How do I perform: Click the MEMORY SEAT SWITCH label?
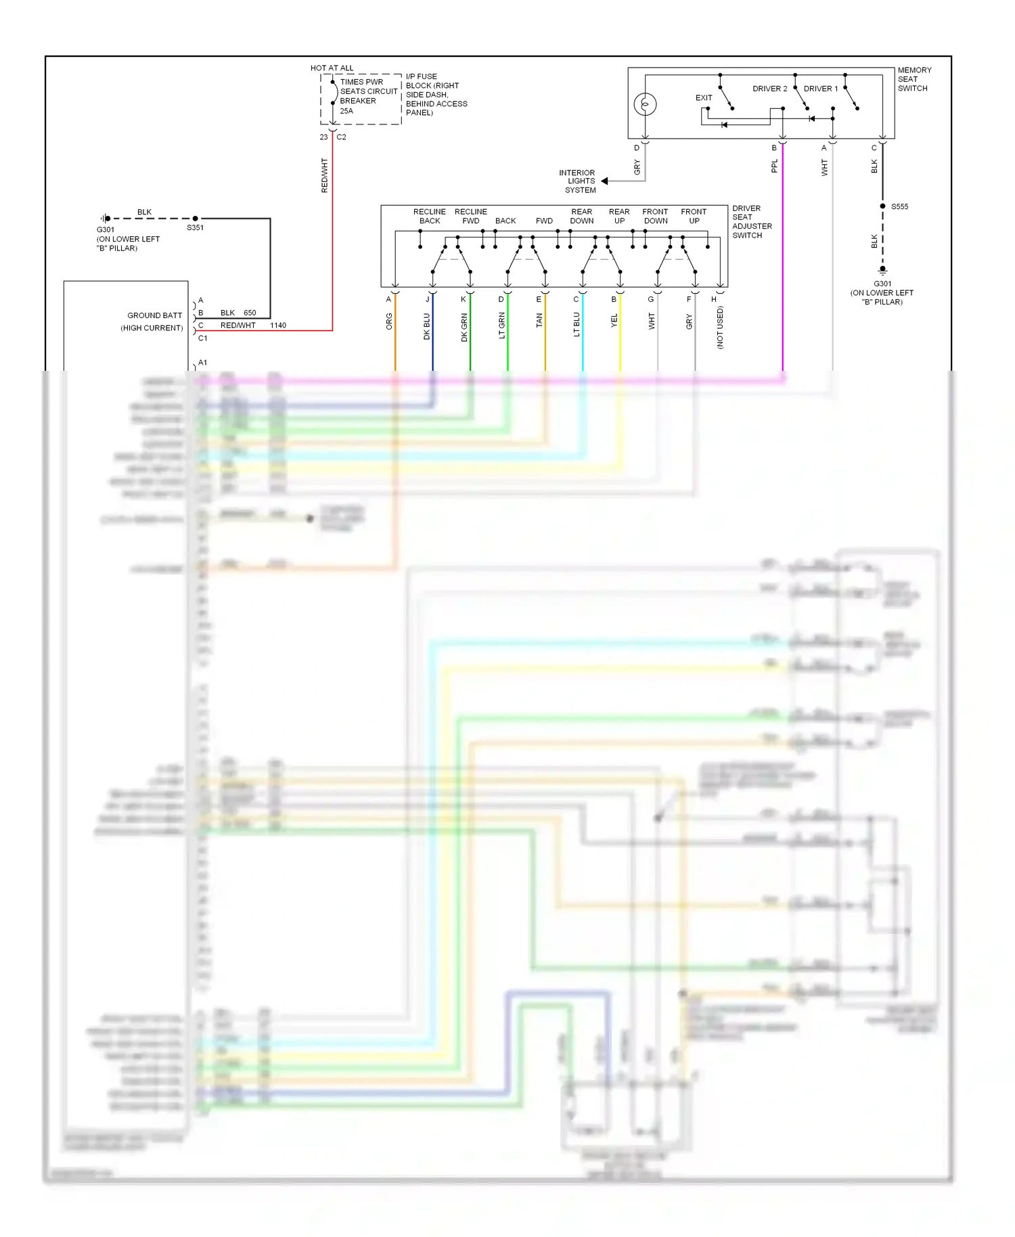tap(913, 79)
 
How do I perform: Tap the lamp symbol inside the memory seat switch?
tap(645, 104)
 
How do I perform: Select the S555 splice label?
tap(899, 206)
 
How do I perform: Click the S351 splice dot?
tap(195, 219)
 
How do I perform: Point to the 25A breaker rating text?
tap(346, 111)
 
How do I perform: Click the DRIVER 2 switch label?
tap(769, 89)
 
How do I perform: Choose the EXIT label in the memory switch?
tap(704, 97)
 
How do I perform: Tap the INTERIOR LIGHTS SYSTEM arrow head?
tap(604, 181)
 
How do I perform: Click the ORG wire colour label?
tap(389, 321)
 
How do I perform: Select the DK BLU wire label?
tap(426, 325)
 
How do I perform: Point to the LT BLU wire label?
tap(577, 324)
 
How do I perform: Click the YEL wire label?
tap(614, 321)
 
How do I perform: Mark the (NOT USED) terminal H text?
tap(720, 328)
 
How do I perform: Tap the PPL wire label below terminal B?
tap(775, 166)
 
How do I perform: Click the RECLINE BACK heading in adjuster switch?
tap(429, 216)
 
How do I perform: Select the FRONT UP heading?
tap(694, 216)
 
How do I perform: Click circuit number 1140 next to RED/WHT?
tap(277, 325)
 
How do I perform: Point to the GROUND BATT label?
tap(154, 315)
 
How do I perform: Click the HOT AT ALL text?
tap(332, 68)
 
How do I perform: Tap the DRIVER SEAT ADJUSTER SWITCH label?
tap(751, 221)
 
